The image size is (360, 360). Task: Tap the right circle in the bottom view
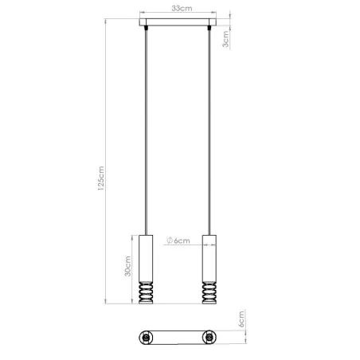click(x=210, y=337)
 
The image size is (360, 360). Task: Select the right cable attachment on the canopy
click(x=210, y=29)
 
